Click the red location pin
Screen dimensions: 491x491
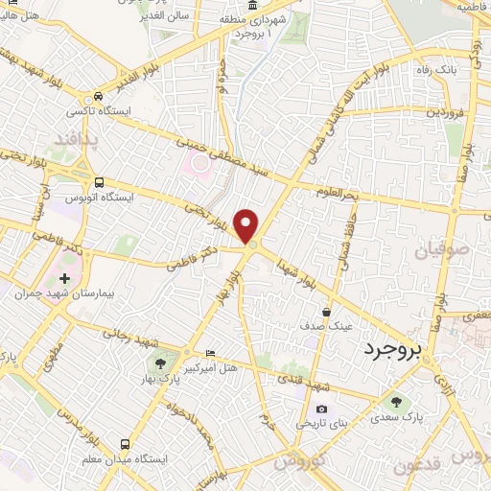tap(247, 226)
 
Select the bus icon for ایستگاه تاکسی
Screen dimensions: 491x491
tap(98, 97)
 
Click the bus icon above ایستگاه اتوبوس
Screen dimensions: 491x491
tap(98, 180)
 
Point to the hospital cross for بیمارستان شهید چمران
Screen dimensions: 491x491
tap(64, 278)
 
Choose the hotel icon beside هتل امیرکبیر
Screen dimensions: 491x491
tap(211, 354)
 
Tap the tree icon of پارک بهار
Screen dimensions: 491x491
tap(160, 363)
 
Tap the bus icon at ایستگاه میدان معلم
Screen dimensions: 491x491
tap(125, 443)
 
